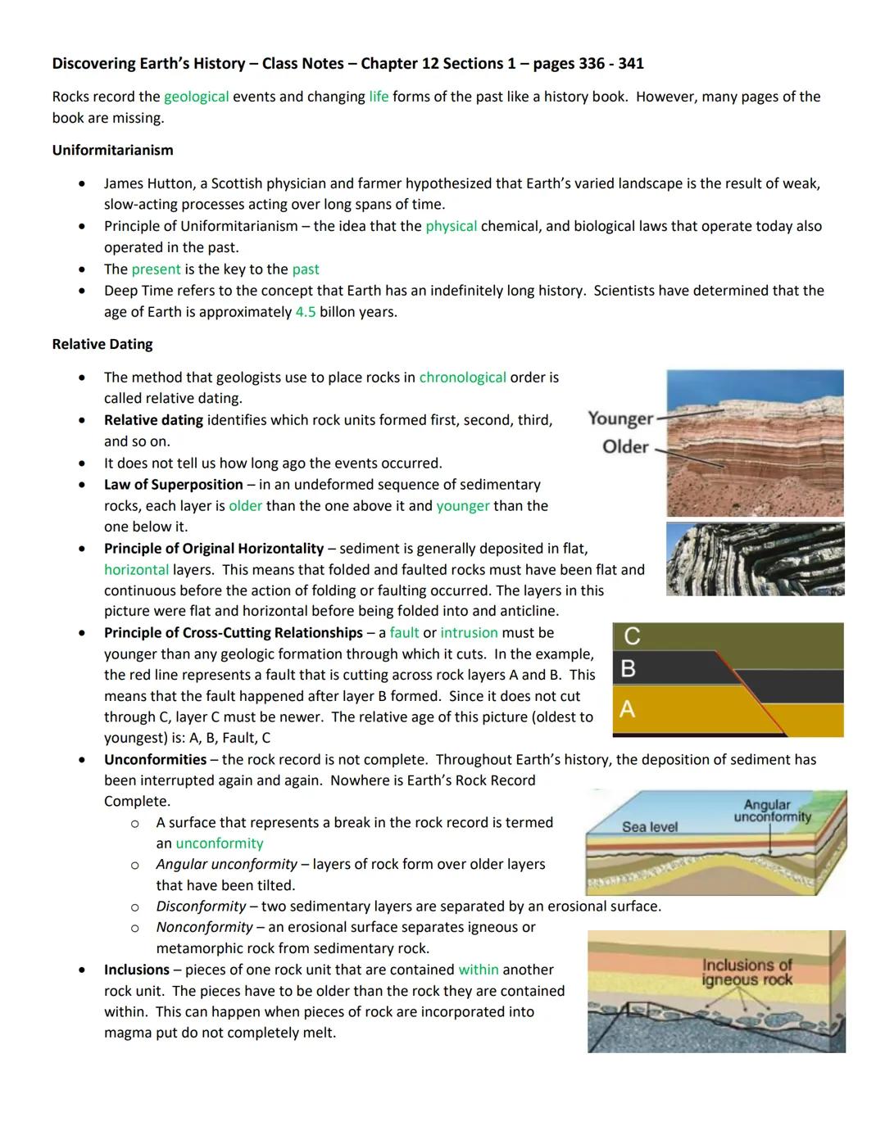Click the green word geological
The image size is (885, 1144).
[196, 97]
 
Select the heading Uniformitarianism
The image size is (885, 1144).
[112, 150]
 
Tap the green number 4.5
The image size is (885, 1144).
[305, 312]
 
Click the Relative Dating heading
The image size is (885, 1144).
[102, 344]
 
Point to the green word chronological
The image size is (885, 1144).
[462, 378]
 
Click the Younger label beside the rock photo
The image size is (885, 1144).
[620, 418]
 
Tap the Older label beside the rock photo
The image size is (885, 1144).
[625, 447]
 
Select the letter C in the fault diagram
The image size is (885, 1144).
[632, 636]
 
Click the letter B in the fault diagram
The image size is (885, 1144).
[629, 669]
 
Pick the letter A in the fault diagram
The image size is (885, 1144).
[628, 709]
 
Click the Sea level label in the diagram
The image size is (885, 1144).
[649, 827]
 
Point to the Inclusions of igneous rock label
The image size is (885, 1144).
[747, 972]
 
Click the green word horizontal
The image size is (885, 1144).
[136, 570]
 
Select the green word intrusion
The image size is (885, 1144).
[469, 633]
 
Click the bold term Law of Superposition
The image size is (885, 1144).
[173, 485]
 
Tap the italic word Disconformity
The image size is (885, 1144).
[201, 907]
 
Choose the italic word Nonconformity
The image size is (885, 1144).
[204, 927]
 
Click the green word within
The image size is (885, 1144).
[479, 970]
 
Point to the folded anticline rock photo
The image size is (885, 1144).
[755, 559]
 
